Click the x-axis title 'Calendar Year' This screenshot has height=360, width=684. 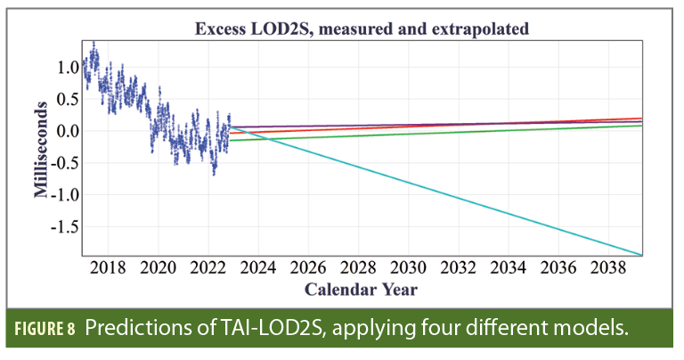(x=361, y=290)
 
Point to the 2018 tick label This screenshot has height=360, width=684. (x=108, y=268)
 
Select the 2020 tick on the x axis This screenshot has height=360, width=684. (x=158, y=268)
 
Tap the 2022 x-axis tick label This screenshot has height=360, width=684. (x=208, y=268)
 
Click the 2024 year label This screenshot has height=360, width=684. (x=257, y=268)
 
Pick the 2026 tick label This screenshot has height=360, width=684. (x=307, y=268)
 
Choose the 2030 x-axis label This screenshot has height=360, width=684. (x=407, y=268)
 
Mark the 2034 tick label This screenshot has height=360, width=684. (x=507, y=268)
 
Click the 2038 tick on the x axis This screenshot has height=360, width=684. (x=607, y=268)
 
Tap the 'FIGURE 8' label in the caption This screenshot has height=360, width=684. (x=50, y=330)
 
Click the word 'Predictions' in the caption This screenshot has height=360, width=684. (x=144, y=330)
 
